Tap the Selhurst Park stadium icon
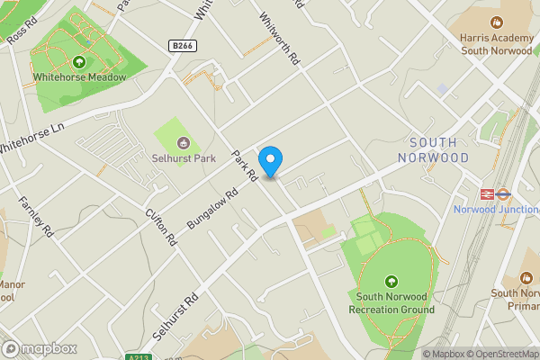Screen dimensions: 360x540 pos(184,141)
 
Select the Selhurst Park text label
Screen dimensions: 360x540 pos(184,159)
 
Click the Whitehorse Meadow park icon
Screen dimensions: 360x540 pos(79,62)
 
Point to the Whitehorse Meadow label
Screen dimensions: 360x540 pos(79,77)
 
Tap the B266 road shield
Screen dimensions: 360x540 pos(183,44)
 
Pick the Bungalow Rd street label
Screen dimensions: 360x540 pos(211,207)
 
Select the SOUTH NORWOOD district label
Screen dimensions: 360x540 pos(439,150)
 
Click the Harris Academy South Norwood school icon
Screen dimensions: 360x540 pos(496,22)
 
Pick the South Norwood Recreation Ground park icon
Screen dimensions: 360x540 pos(391,281)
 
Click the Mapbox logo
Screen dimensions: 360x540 pos(40,349)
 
